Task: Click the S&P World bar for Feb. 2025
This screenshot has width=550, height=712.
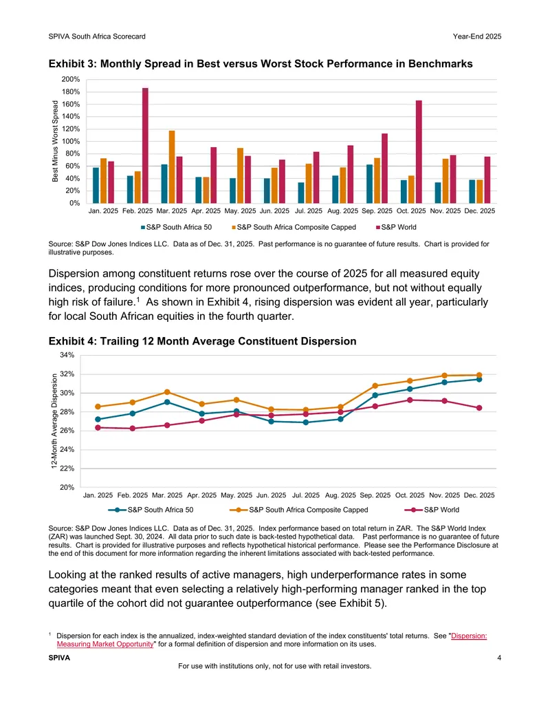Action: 145,145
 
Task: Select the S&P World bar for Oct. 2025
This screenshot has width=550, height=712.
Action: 419,151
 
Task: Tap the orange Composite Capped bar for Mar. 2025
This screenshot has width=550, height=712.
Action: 172,166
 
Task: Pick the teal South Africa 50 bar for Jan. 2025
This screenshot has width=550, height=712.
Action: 96,185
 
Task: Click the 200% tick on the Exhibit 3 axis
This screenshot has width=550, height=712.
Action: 71,80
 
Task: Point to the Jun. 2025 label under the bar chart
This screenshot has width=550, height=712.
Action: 274,211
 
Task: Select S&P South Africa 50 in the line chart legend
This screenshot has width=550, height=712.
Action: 151,510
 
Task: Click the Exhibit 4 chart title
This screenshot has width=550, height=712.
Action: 202,341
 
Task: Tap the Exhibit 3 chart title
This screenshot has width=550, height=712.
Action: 261,63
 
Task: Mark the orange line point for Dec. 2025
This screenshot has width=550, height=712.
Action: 479,375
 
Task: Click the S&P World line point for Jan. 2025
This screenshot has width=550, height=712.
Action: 98,427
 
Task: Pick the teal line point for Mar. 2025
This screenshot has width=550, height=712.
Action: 167,402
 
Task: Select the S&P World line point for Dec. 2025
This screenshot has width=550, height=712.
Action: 479,408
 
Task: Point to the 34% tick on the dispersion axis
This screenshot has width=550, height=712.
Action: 67,355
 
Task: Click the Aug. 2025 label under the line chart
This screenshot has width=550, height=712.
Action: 340,495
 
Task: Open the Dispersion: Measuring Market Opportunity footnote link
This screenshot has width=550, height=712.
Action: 272,640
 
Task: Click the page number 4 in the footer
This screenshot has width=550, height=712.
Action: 499,658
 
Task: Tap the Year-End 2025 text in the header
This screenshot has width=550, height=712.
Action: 477,36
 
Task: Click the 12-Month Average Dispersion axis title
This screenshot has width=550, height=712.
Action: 54,421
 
